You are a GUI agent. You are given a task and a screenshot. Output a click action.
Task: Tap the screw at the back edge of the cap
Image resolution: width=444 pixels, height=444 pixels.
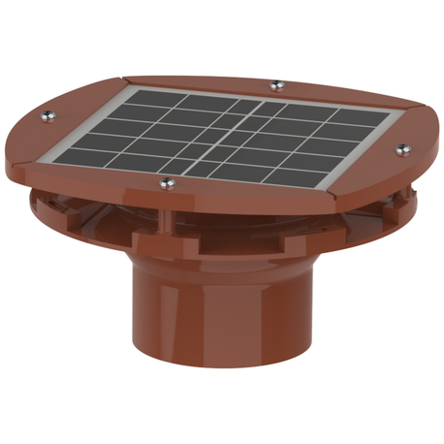click(276, 83)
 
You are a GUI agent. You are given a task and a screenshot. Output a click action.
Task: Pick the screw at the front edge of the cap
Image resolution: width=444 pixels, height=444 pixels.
click(164, 182)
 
